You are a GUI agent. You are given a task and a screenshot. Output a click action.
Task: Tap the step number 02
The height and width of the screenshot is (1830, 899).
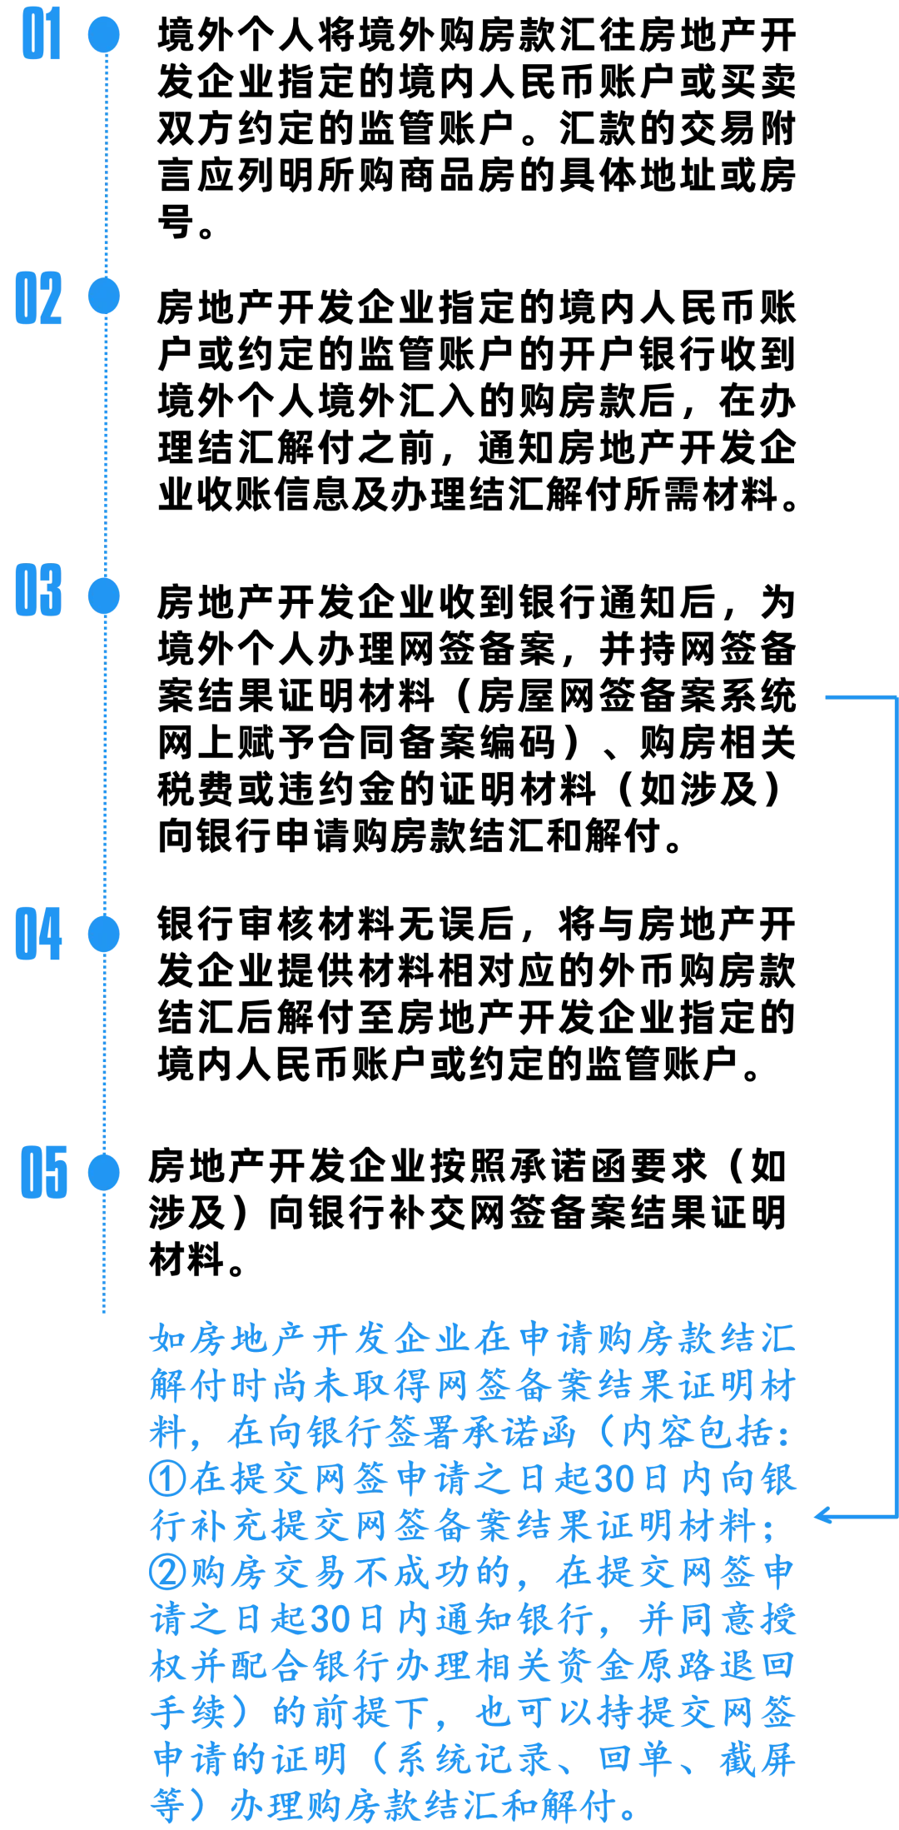(39, 297)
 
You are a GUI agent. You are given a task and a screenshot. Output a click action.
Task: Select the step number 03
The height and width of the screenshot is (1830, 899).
(39, 590)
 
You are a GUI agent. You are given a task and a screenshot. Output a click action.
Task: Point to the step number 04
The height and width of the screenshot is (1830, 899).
(38, 935)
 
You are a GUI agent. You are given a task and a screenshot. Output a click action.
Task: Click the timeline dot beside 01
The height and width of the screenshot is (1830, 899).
(104, 34)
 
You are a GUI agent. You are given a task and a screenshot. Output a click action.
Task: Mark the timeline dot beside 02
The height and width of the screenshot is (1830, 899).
(104, 297)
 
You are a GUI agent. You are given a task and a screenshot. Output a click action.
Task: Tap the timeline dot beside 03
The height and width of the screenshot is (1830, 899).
(104, 596)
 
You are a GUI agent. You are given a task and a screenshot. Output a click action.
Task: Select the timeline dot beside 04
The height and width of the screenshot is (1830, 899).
(104, 933)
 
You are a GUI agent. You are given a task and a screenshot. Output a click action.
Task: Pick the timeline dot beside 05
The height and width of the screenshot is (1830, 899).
(104, 1172)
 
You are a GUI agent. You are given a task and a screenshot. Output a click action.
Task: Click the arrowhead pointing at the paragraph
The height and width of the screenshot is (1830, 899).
(822, 1517)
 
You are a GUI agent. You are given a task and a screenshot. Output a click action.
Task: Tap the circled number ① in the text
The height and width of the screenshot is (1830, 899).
(164, 1478)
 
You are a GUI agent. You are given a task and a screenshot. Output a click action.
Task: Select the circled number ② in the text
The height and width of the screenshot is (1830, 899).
(164, 1572)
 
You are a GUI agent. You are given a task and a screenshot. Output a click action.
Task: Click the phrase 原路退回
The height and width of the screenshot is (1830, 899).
(711, 1666)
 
